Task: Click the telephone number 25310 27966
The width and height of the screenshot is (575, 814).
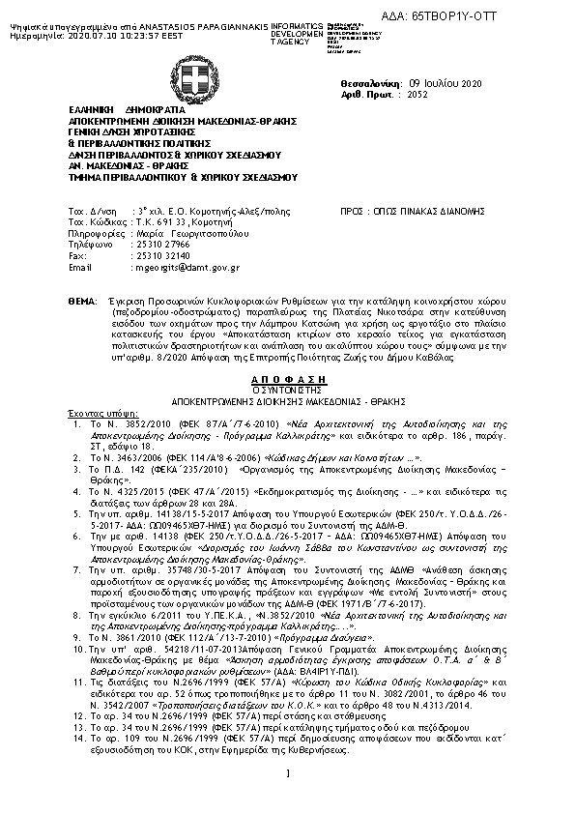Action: coord(158,246)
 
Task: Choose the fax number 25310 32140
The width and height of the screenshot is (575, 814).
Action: coord(158,256)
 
